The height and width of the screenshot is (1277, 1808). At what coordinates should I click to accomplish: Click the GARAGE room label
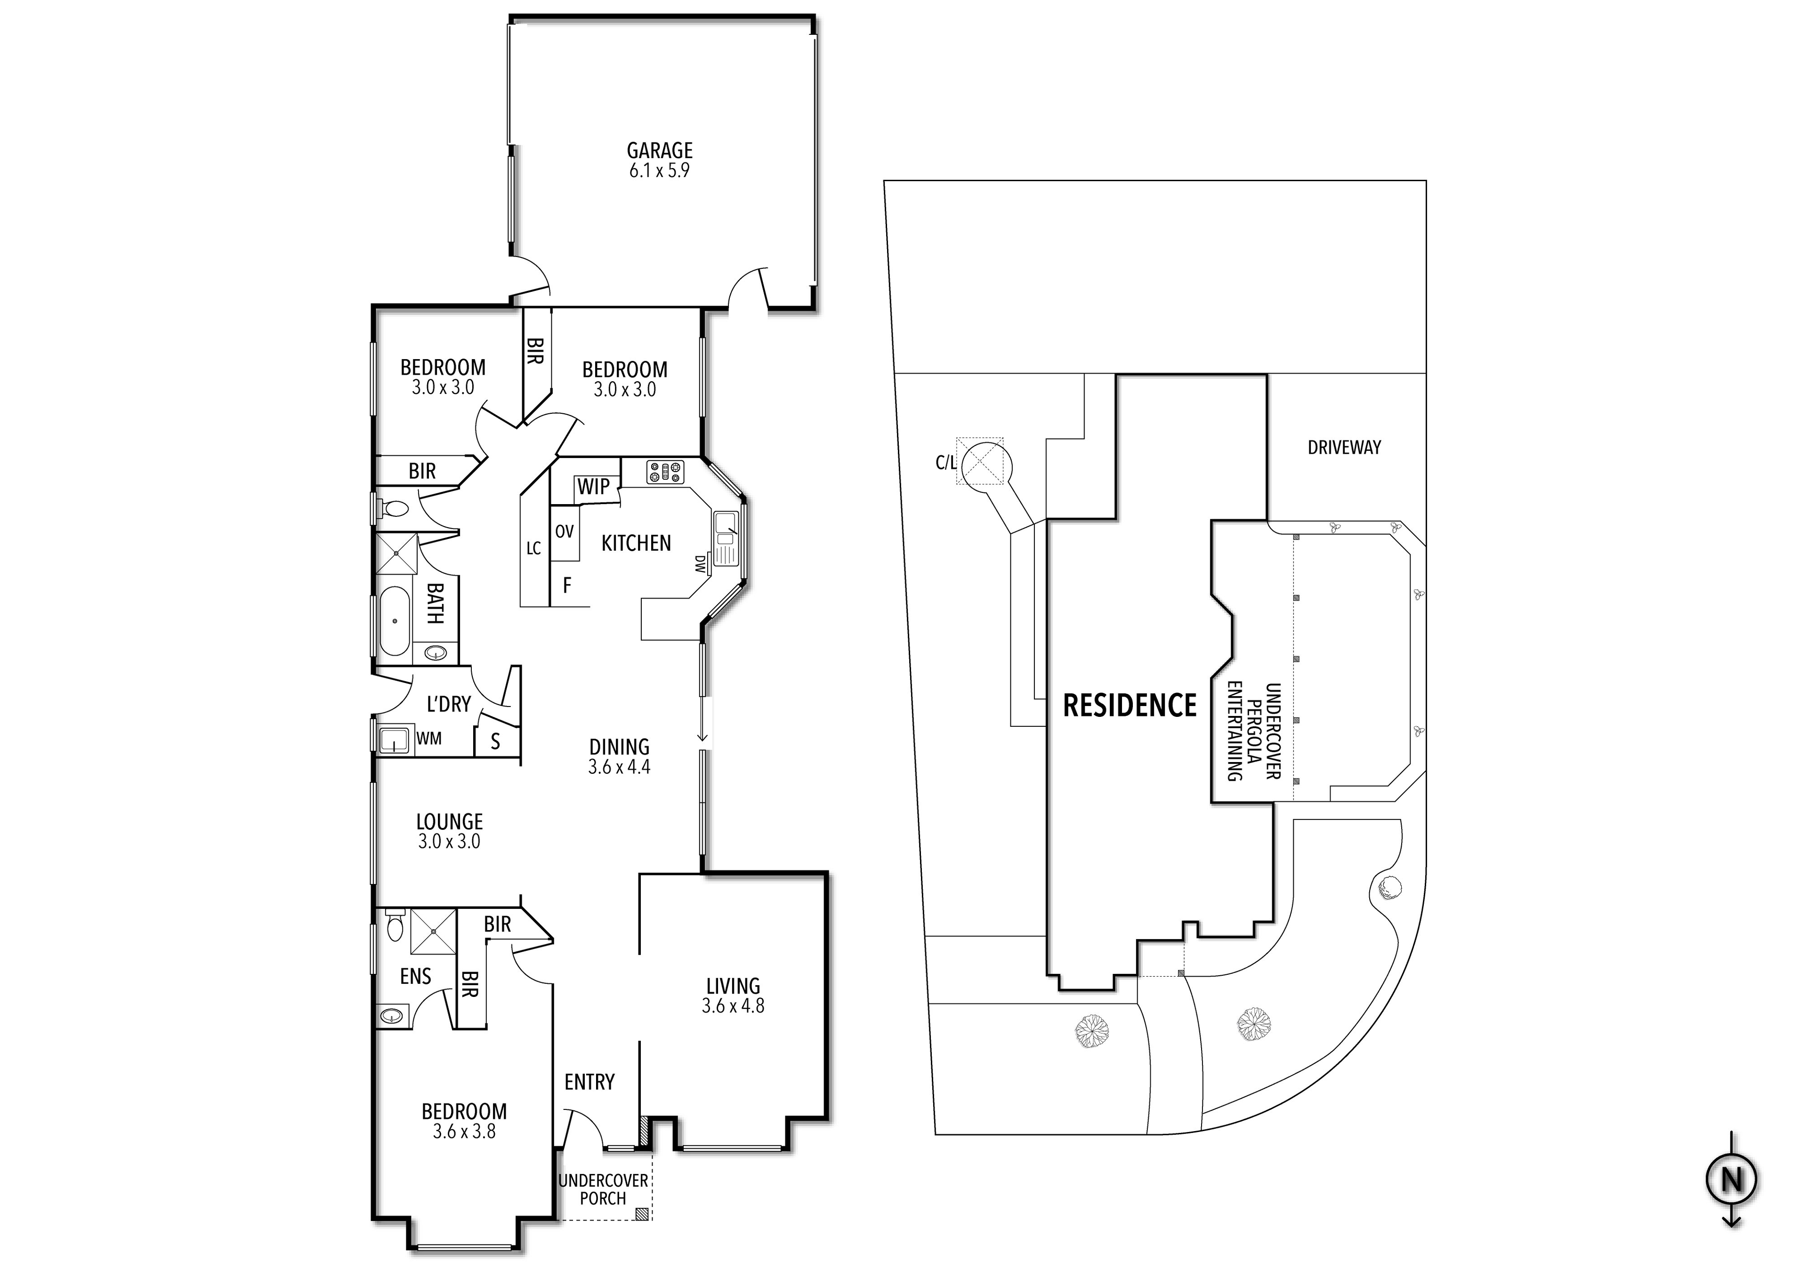(x=660, y=150)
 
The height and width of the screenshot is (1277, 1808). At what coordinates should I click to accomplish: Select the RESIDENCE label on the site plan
(x=1130, y=706)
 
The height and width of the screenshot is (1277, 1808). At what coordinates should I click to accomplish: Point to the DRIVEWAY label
(x=1344, y=447)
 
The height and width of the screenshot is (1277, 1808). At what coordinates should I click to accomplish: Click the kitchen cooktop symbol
(x=665, y=473)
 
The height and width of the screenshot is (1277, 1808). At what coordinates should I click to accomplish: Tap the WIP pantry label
(x=593, y=487)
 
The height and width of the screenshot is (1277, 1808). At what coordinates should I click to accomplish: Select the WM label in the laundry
(x=429, y=739)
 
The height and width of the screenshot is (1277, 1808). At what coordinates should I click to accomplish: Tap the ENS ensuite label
(x=416, y=976)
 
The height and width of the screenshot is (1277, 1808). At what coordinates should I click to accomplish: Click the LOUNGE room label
(x=450, y=822)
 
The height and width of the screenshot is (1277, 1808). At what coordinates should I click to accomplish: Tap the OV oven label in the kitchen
(x=565, y=531)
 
